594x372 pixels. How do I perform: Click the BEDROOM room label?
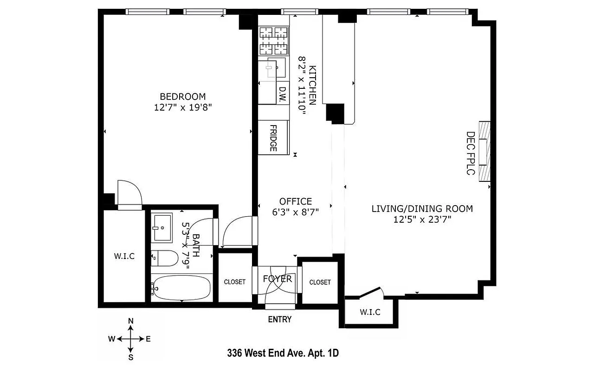(182, 97)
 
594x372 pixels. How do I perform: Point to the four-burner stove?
(273, 41)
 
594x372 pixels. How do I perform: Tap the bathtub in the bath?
(181, 288)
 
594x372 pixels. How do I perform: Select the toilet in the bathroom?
(164, 259)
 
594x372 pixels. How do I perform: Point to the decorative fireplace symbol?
(484, 151)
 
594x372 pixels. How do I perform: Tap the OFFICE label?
(296, 201)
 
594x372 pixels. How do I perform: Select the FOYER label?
(277, 279)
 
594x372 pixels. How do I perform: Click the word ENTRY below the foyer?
(280, 319)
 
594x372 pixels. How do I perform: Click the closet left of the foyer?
(235, 282)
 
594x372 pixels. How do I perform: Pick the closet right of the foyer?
(320, 282)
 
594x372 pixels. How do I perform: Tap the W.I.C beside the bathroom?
(124, 256)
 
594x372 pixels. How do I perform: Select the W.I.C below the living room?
(370, 312)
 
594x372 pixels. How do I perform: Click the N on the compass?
(131, 321)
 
